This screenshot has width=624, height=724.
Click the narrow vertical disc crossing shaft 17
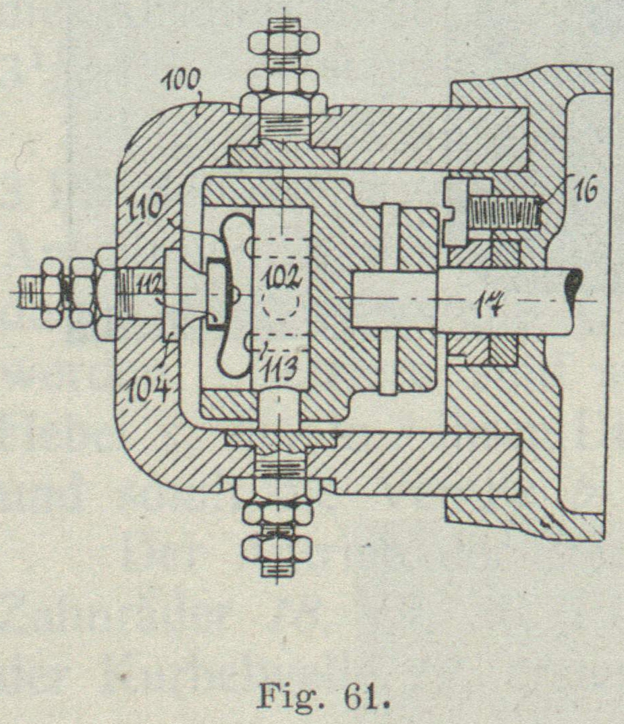click(389, 298)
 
